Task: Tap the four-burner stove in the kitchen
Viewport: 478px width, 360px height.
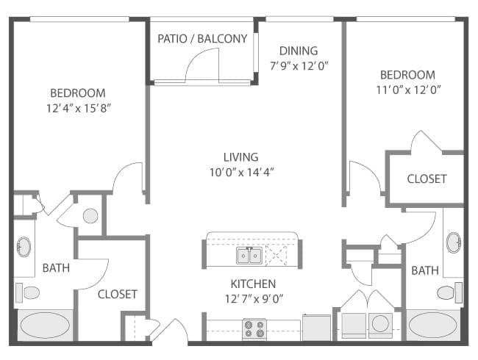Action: tap(254, 328)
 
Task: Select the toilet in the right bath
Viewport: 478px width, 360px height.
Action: tap(446, 292)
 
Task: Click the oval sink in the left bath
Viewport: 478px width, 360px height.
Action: tap(24, 247)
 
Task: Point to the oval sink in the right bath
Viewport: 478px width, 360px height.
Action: tap(454, 242)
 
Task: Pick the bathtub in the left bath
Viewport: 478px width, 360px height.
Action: tap(44, 325)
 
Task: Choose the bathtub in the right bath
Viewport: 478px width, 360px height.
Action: tap(433, 325)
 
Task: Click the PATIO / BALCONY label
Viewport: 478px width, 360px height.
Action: tap(202, 39)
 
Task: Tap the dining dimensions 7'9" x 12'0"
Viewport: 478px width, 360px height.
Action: tap(299, 65)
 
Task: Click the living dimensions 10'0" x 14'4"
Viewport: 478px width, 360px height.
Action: tap(240, 171)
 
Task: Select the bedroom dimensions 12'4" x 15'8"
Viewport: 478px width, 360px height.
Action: tap(77, 107)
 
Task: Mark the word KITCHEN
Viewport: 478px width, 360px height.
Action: tap(253, 284)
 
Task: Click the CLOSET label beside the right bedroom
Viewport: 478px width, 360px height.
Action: tap(426, 179)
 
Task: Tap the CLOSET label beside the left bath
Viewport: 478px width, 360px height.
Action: tap(118, 294)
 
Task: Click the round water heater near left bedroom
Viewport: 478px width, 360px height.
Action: tap(90, 216)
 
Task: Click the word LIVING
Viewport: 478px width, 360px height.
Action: tap(240, 156)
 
